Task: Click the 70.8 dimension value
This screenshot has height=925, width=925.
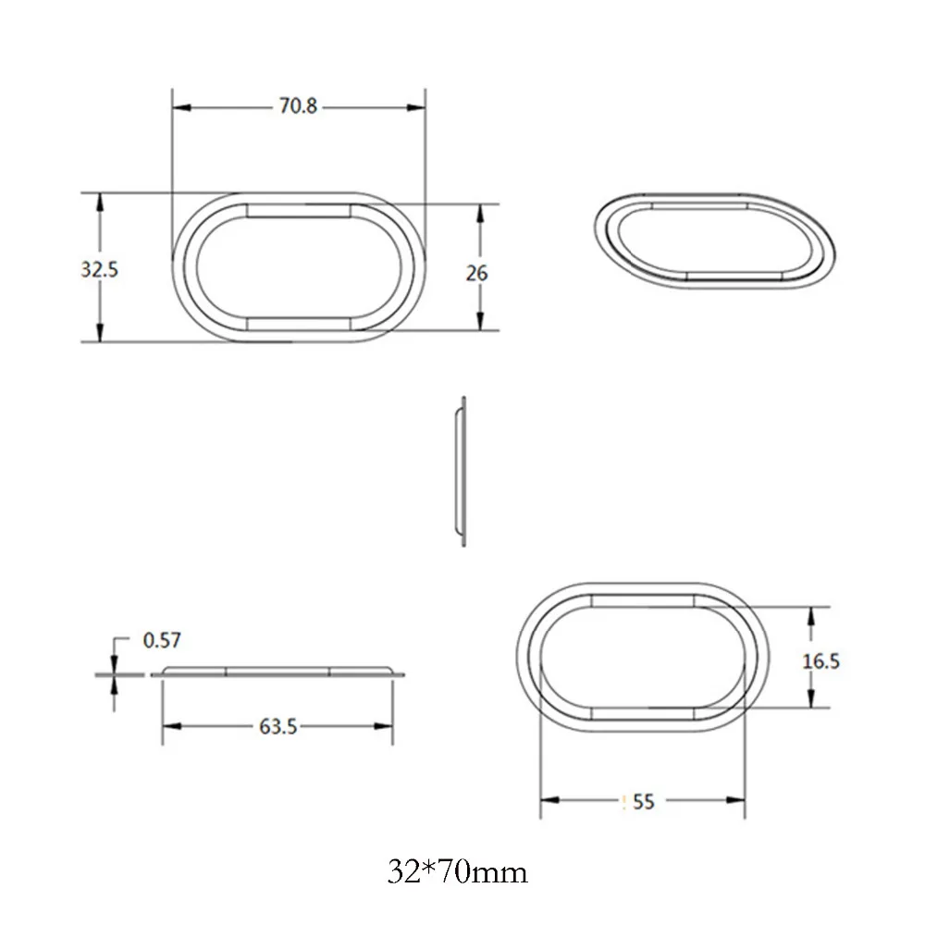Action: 298,106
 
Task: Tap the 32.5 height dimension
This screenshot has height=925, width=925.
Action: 99,269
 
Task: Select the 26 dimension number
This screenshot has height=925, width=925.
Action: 476,273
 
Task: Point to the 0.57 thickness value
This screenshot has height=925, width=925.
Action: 162,640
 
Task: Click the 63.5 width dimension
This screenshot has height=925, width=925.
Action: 277,727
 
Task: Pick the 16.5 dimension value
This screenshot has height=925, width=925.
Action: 820,661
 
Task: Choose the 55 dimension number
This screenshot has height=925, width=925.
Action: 644,802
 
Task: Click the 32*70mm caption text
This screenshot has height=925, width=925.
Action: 457,872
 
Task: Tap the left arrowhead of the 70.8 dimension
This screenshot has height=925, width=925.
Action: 181,108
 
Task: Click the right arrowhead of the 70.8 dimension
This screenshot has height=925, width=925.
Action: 416,108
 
